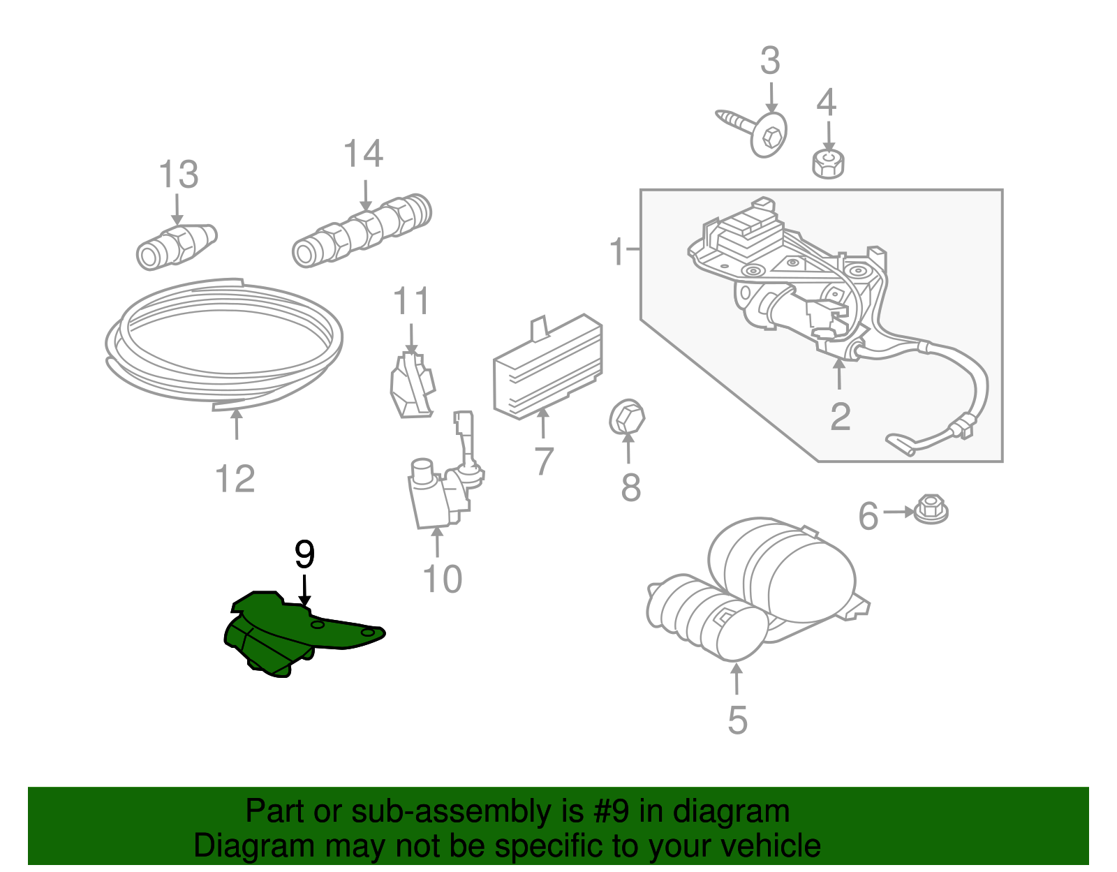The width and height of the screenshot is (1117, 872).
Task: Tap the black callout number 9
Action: point(304,555)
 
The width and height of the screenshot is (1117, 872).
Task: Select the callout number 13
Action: point(179,175)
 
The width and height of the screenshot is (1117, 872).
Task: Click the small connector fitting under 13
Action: point(176,246)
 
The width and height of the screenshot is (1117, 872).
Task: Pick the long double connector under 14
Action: point(362,230)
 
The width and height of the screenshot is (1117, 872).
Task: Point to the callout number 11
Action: point(411,302)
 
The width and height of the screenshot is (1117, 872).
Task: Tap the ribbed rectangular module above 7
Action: point(548,367)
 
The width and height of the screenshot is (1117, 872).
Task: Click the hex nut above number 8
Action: point(626,417)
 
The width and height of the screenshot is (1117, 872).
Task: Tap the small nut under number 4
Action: point(828,164)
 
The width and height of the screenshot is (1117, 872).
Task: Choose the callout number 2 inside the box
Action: point(841,417)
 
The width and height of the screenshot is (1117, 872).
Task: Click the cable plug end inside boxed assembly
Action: point(901,443)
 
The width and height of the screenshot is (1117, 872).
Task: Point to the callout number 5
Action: point(737,720)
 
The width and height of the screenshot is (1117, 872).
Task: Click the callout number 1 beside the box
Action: point(616,251)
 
